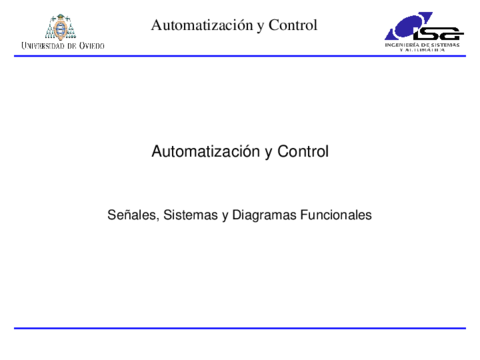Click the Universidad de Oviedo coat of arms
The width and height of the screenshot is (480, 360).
point(61,27)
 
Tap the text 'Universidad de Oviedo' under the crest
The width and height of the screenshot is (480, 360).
point(62,46)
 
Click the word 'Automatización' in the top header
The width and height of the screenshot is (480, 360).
point(196,24)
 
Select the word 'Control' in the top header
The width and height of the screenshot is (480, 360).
point(294,24)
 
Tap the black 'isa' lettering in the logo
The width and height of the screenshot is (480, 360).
point(430,30)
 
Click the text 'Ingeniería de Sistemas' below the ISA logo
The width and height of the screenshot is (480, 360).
point(423,45)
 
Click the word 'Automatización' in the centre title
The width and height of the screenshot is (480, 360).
point(198,152)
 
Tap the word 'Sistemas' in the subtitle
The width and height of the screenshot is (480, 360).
point(189,214)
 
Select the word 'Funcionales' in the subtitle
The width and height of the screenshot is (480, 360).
point(335,214)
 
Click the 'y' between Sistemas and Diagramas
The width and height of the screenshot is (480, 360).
point(226,216)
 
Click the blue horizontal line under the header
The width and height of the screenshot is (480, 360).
point(240,56)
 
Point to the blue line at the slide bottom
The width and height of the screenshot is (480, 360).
point(240,328)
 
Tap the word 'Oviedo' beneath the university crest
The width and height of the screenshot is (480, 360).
point(88,46)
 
